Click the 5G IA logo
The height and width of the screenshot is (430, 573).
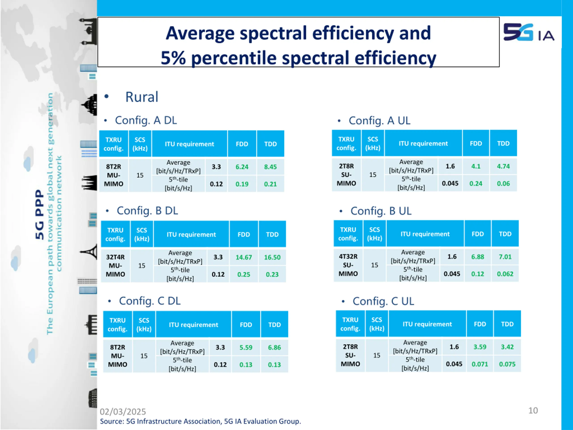click(528, 33)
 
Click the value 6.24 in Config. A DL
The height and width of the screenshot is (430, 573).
click(242, 167)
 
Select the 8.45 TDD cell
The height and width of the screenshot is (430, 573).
click(270, 167)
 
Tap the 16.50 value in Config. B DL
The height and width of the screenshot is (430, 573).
click(272, 257)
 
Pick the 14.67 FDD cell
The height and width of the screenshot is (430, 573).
click(244, 257)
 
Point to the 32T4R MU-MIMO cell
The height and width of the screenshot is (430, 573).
click(115, 265)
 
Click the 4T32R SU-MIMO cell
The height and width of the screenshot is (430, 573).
click(348, 265)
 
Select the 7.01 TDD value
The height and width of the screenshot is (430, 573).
click(505, 257)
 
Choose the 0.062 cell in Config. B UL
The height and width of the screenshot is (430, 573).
click(505, 274)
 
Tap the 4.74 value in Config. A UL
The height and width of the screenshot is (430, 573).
click(503, 166)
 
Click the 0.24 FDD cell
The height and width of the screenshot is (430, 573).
click(476, 183)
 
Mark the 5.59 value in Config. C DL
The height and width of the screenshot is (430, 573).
click(246, 347)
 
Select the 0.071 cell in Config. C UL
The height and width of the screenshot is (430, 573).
click(480, 364)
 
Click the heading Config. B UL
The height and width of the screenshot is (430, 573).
click(381, 211)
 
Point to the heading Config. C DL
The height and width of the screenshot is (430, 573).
click(150, 301)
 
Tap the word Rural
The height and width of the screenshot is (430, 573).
click(142, 97)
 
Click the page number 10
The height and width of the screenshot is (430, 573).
click(533, 410)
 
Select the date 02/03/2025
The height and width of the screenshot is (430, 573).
click(123, 412)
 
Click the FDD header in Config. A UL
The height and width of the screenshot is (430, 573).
click(476, 143)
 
